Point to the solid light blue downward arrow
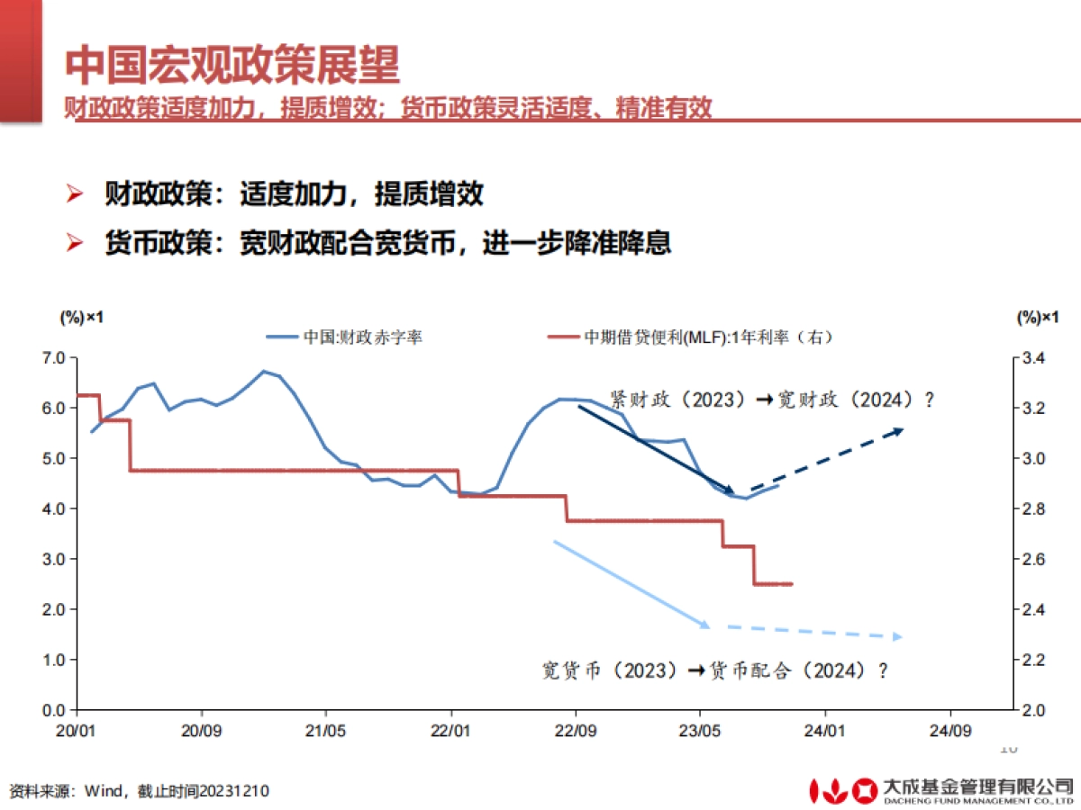(x=631, y=583)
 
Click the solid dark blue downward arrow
(x=655, y=449)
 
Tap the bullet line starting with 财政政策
(x=294, y=193)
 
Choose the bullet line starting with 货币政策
(x=387, y=243)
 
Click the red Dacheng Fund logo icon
(x=842, y=789)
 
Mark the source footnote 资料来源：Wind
(x=140, y=791)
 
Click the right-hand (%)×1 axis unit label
(x=1036, y=317)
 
